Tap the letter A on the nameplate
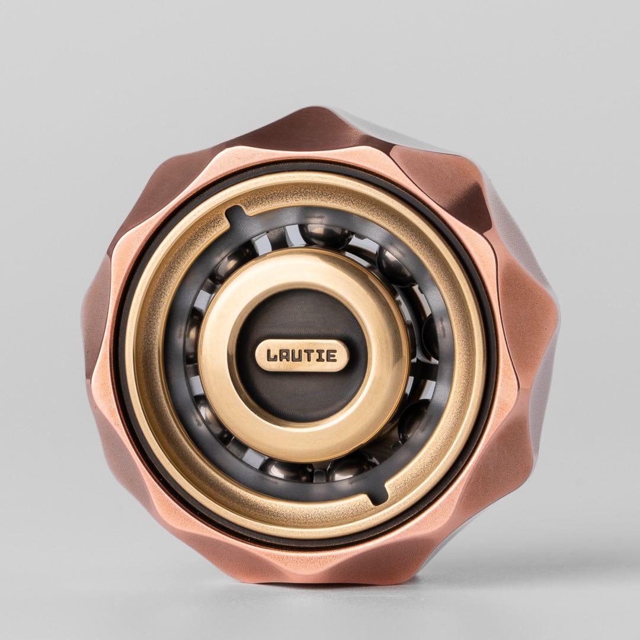[x=286, y=356]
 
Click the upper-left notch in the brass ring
[x=236, y=215]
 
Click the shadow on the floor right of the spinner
[x=521, y=563]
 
